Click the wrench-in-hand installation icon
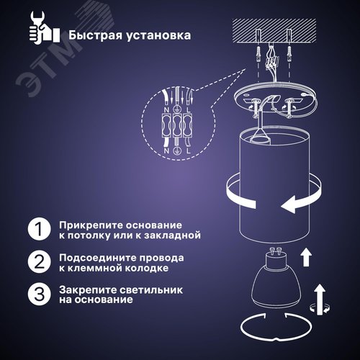tap(45, 28)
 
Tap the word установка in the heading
tap(158, 36)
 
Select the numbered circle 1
tap(39, 229)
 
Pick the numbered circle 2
tap(39, 261)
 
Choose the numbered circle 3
tap(39, 294)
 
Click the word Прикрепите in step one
tap(91, 226)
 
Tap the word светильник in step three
tap(151, 290)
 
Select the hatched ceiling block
tap(274, 31)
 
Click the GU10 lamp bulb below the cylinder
tap(276, 277)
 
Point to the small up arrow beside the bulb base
tap(306, 258)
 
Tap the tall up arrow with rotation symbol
tap(320, 300)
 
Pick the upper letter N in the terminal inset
tap(167, 110)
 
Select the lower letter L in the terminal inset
tap(189, 151)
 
